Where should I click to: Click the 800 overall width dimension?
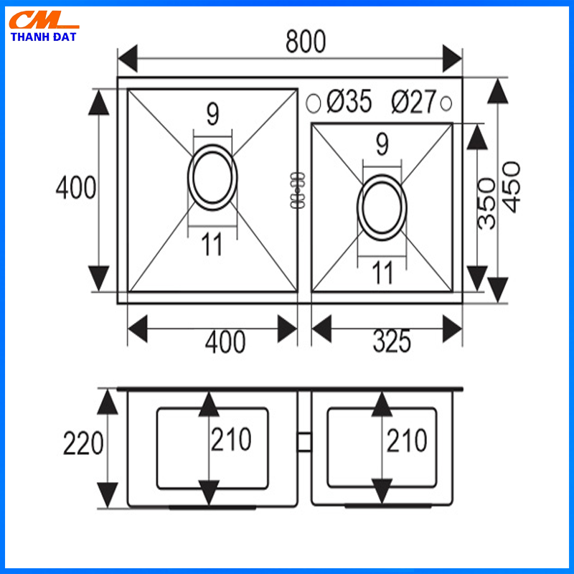click(306, 42)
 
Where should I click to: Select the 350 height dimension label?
click(486, 203)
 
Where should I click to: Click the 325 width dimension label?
click(392, 342)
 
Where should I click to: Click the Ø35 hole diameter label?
click(349, 103)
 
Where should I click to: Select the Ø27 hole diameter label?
click(413, 103)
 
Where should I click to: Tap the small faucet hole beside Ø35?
click(313, 103)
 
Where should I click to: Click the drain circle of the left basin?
click(212, 177)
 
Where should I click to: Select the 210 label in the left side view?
click(230, 440)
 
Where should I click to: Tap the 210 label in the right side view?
click(406, 440)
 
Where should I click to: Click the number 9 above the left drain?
click(212, 113)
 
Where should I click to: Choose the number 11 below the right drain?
click(382, 273)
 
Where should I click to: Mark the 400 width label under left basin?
click(225, 342)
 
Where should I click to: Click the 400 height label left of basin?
click(75, 188)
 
